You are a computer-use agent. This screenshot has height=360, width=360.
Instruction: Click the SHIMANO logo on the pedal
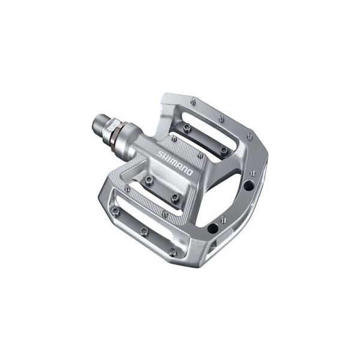coord(175,162)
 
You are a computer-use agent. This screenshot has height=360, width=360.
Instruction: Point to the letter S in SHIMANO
coord(160,154)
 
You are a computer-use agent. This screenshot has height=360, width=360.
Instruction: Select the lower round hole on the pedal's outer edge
coord(211,228)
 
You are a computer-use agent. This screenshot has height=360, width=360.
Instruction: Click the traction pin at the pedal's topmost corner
coord(193,103)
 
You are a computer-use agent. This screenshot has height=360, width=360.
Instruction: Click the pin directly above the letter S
coord(173,139)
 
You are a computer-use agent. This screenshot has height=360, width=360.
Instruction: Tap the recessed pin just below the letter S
coord(148,179)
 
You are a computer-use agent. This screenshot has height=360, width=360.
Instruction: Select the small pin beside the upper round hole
coord(253,173)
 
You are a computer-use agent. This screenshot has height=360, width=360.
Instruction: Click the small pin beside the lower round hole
coord(224,220)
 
